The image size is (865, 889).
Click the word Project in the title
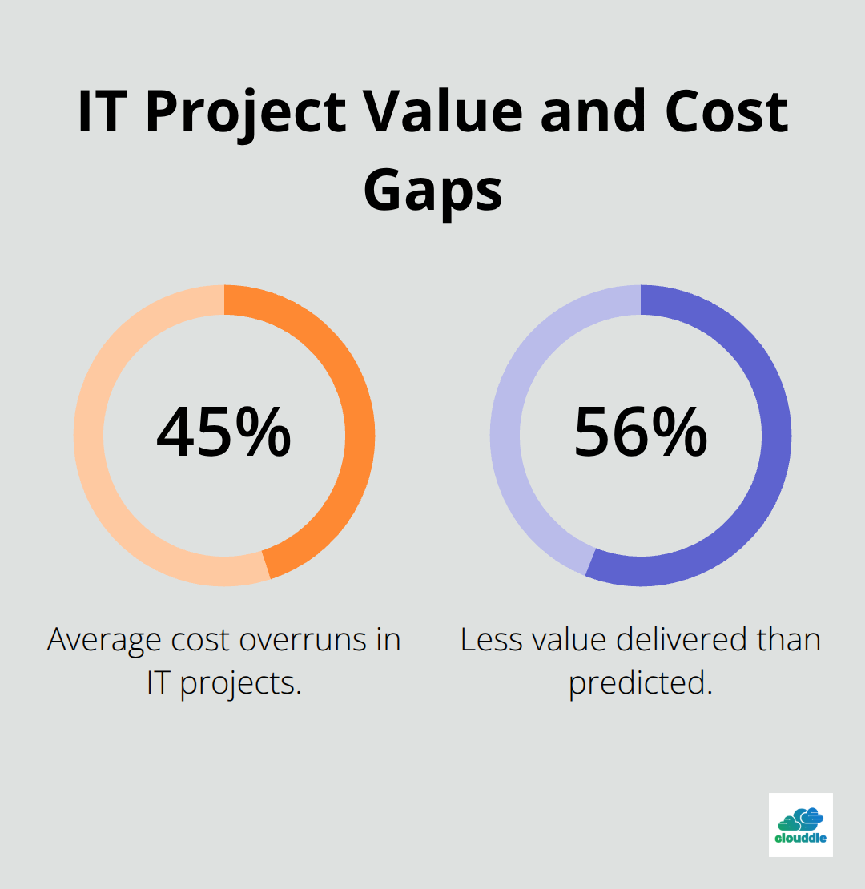click(x=245, y=113)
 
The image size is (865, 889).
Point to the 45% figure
click(x=223, y=433)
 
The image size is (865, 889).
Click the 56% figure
click(x=641, y=433)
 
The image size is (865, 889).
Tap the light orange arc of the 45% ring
click(x=92, y=449)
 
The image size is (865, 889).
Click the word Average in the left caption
click(x=106, y=641)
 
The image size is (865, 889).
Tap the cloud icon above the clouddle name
click(x=801, y=818)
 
